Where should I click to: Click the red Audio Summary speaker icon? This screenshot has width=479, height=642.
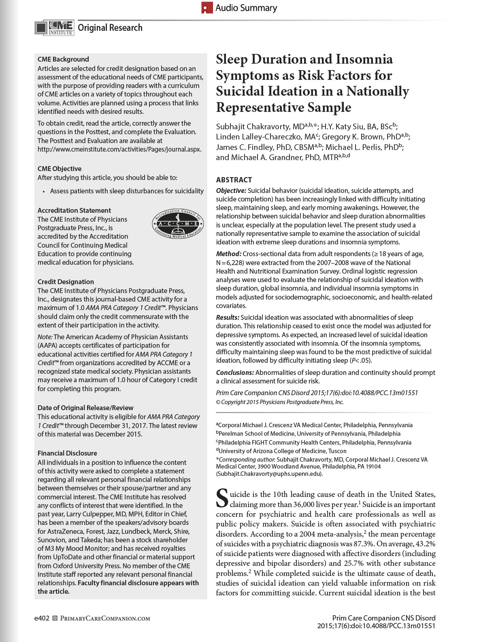point(207,8)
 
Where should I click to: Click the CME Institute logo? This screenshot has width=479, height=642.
point(54,28)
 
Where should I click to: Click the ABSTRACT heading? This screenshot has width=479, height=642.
point(234,180)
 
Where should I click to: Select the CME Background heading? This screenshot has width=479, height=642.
point(63,59)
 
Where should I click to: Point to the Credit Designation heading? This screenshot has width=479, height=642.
point(66,282)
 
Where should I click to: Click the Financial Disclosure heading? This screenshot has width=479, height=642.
point(67,453)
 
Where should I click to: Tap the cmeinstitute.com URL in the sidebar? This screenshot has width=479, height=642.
point(119,149)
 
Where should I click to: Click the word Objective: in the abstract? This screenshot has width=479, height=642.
point(231,190)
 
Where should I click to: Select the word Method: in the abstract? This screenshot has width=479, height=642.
point(228,254)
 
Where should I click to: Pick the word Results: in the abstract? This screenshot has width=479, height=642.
point(228,317)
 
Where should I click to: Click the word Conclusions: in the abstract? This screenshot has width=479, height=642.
point(235,372)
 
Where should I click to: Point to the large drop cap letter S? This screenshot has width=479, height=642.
point(222,498)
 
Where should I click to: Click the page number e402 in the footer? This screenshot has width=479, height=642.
point(42,618)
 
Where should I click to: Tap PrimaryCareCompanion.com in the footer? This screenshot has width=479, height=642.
point(105,618)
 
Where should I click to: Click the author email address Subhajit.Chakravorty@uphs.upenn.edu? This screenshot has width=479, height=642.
point(269,473)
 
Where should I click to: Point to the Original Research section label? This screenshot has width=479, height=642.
point(110,28)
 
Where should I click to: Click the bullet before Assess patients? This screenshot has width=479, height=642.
point(43,191)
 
